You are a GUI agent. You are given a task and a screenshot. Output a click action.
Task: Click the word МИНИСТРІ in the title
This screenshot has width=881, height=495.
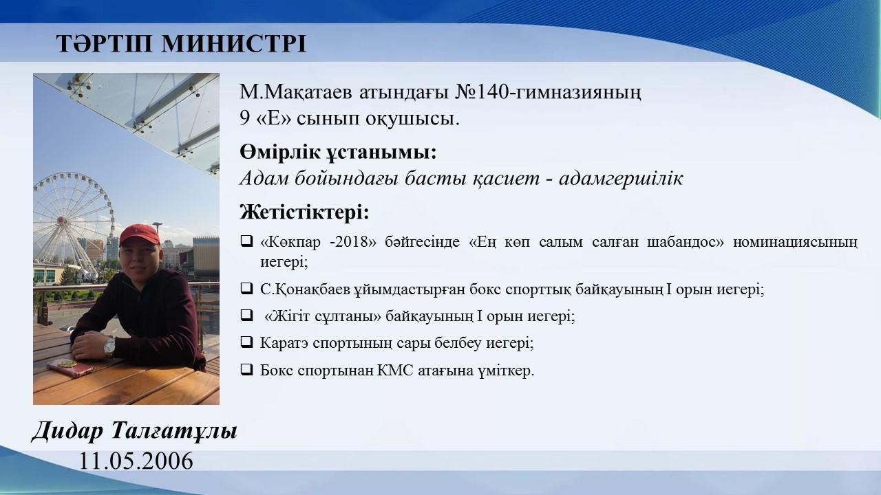tap(233, 43)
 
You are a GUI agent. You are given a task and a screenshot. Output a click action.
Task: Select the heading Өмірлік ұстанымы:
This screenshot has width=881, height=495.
tap(338, 153)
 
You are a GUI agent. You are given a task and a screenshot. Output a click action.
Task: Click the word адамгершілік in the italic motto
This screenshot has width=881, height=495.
tap(621, 179)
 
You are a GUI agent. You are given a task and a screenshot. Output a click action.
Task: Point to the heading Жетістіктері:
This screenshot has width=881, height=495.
tap(304, 212)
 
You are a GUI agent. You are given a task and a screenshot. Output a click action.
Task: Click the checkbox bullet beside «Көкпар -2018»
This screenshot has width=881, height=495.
tap(246, 241)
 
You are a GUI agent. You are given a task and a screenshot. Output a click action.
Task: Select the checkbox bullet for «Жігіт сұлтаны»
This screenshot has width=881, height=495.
tap(246, 315)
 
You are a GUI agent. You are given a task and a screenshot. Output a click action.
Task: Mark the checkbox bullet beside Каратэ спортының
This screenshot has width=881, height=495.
tap(246, 342)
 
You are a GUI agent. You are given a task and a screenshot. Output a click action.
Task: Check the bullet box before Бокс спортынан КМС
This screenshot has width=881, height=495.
tap(246, 369)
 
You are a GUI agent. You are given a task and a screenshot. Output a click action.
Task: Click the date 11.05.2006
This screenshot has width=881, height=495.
tap(136, 461)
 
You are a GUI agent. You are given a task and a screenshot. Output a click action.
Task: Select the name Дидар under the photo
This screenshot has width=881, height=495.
tap(67, 431)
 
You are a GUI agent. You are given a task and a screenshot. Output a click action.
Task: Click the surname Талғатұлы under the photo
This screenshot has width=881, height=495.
tap(175, 431)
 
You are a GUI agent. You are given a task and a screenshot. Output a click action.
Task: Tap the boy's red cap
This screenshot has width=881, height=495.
tap(139, 235)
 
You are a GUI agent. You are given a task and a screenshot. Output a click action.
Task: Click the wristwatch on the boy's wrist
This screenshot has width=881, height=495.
tap(109, 347)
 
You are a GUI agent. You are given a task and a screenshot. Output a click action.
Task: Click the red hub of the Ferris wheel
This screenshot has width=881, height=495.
tap(61, 220)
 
